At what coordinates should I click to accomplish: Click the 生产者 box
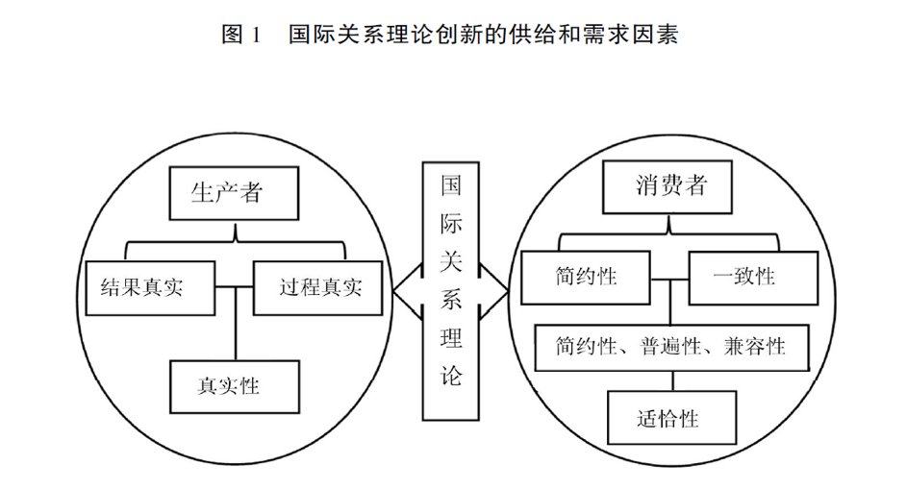point(234,193)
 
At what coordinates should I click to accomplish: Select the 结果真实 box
point(150,288)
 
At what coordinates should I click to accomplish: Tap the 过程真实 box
point(317,288)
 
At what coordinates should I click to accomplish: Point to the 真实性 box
point(235,387)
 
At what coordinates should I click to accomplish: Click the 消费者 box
point(667,187)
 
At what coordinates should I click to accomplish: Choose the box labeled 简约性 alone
point(586,278)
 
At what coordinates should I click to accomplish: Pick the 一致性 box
point(753,278)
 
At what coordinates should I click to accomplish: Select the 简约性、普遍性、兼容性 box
point(671,348)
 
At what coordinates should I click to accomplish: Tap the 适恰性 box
point(671,417)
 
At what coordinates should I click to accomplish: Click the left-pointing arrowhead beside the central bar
point(407,291)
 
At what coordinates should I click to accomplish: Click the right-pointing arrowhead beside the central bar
point(493,291)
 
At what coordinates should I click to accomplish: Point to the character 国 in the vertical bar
point(450,186)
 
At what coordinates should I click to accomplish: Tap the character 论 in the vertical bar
point(450,376)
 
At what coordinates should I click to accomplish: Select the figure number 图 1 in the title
point(240,34)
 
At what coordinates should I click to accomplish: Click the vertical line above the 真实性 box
point(235,324)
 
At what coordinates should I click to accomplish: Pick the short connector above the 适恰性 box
point(672,380)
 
